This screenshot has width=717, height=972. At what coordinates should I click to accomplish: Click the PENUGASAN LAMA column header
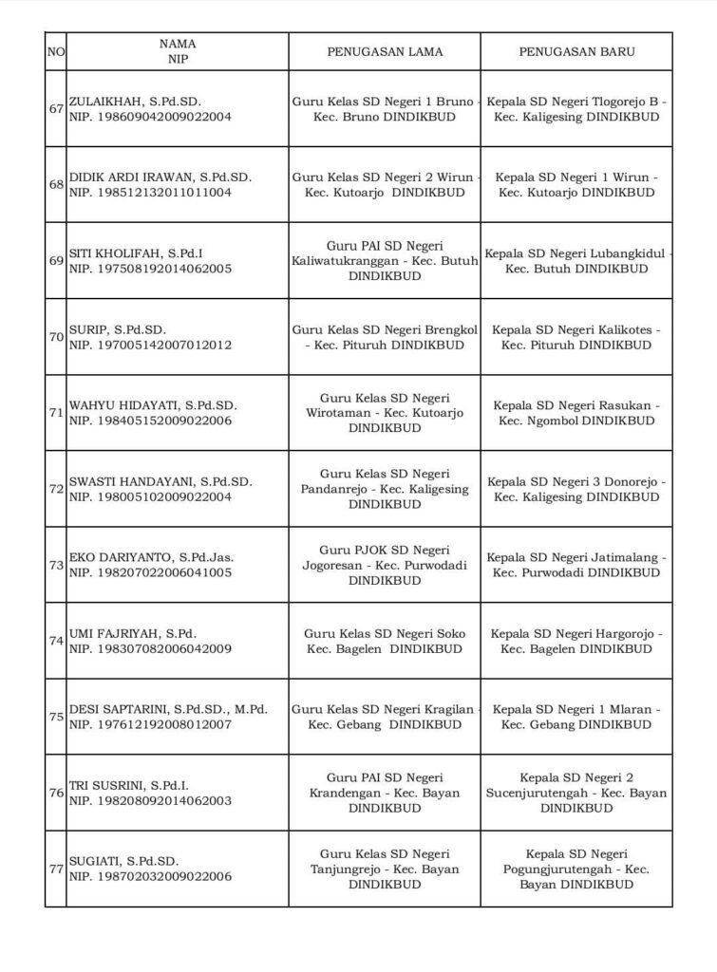(385, 51)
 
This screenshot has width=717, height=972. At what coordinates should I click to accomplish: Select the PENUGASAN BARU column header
(576, 51)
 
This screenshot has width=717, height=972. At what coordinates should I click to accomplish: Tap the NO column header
(55, 51)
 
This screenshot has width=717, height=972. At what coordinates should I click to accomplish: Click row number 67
(55, 108)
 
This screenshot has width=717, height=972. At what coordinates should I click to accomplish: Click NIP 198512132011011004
(150, 193)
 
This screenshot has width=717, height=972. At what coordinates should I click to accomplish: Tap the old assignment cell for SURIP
(385, 337)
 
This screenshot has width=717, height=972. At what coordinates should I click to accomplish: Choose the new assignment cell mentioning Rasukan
(576, 413)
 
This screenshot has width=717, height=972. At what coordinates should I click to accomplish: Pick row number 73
(55, 565)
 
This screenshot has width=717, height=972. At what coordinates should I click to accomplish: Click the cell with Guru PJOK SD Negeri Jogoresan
(385, 565)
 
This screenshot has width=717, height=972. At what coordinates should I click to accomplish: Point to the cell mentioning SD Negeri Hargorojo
(576, 641)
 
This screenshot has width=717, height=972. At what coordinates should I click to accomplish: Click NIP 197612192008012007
(150, 724)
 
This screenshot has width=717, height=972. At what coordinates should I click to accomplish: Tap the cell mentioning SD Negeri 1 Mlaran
(576, 717)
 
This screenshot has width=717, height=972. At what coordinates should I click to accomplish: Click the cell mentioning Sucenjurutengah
(576, 793)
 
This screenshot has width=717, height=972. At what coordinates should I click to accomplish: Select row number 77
(55, 869)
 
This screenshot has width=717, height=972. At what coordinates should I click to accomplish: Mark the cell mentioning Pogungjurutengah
(576, 869)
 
